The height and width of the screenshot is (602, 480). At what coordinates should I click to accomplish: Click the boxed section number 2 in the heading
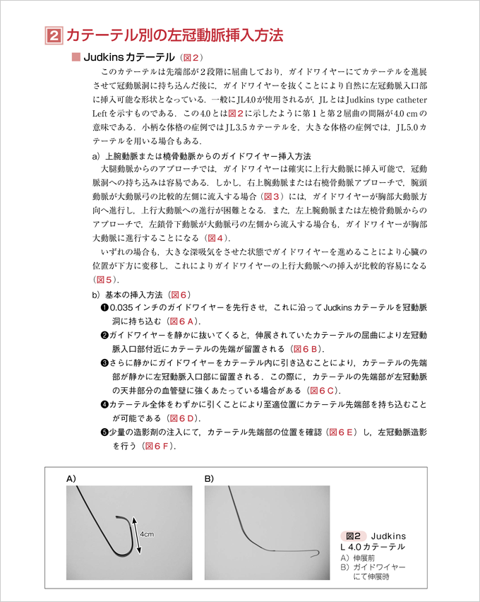[52, 35]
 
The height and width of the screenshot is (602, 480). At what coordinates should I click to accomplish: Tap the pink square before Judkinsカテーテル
[77, 57]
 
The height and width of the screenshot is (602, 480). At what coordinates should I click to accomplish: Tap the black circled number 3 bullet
[104, 362]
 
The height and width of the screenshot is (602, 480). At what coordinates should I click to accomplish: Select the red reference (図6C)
[323, 390]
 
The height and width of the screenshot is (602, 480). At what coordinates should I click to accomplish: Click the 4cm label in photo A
[147, 534]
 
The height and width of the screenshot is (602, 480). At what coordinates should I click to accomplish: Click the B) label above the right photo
[209, 478]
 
